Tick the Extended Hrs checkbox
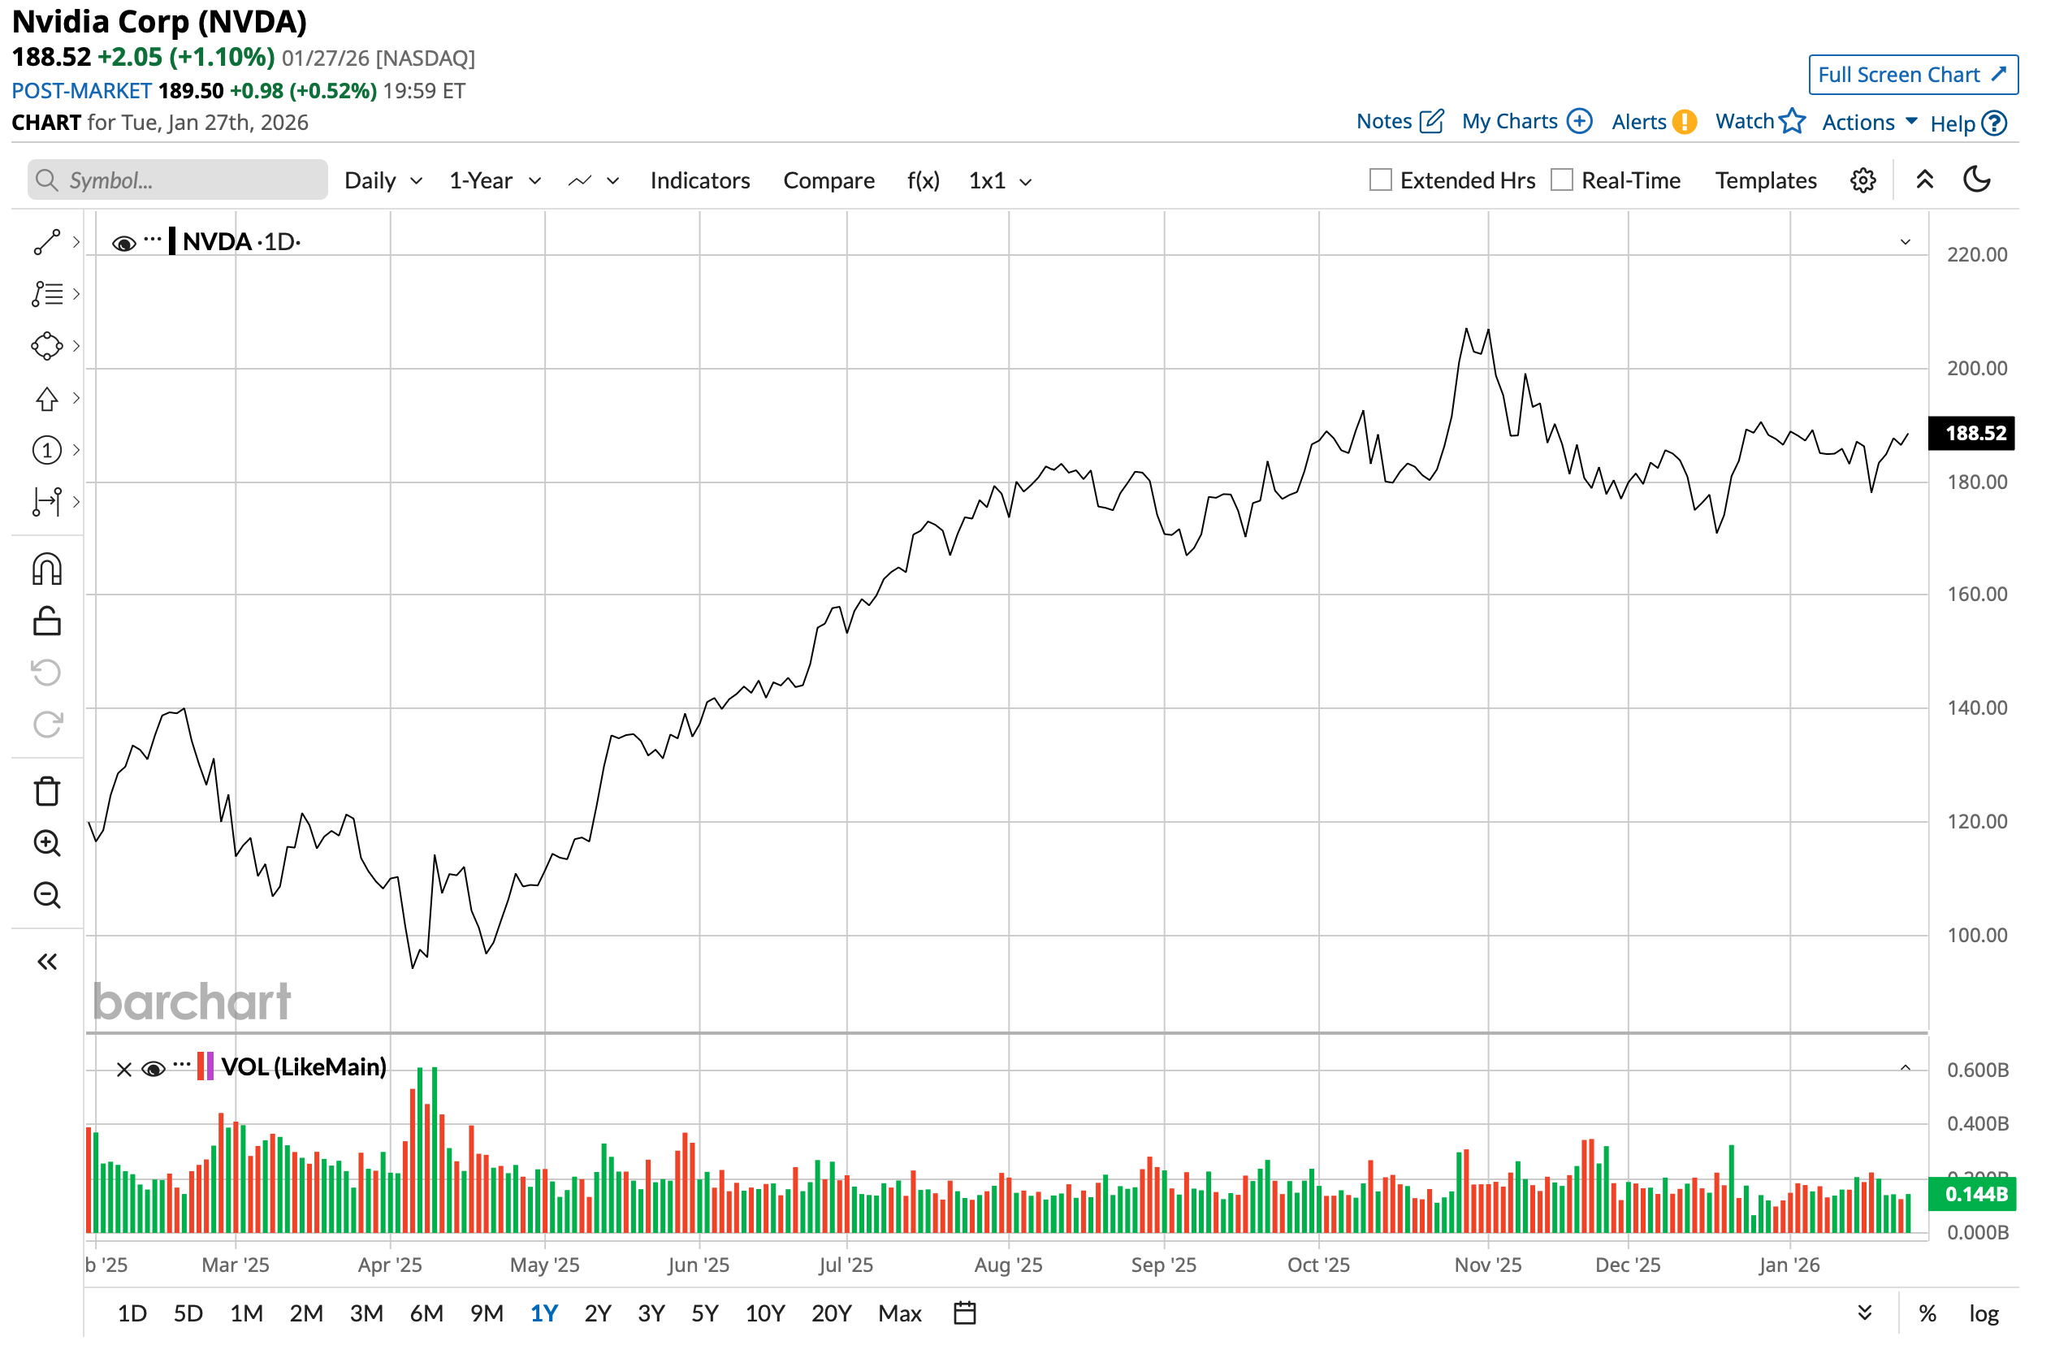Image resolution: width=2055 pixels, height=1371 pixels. point(1380,180)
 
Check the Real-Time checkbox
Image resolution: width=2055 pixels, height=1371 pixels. point(1561,180)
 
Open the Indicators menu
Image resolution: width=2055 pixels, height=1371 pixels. point(699,180)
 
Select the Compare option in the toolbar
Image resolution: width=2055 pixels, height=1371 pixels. point(828,180)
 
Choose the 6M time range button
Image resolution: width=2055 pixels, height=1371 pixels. point(426,1313)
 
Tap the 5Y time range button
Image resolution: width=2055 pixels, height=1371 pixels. point(705,1313)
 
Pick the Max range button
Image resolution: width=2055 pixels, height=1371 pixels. point(900,1313)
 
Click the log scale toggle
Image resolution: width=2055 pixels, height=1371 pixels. point(1984,1313)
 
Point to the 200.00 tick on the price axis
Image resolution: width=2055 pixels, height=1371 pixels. point(1976,368)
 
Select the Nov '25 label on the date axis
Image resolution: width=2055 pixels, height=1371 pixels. point(1487,1265)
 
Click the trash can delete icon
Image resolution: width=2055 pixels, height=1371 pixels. point(47,791)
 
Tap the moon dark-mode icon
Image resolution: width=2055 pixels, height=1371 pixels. point(1976,179)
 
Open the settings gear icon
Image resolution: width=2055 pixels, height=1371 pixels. point(1862,180)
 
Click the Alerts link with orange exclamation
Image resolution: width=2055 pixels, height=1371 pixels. point(1653,122)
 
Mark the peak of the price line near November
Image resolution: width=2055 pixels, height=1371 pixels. point(1466,329)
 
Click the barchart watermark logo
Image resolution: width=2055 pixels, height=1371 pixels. point(192,1002)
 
